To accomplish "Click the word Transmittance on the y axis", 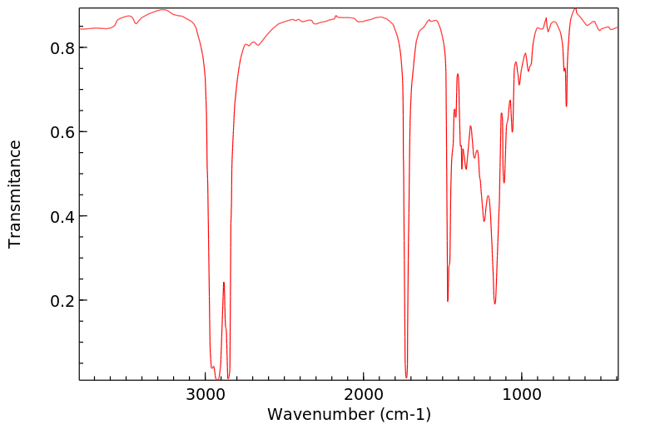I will click(x=15, y=194).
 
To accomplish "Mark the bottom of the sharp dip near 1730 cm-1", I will click(x=406, y=377).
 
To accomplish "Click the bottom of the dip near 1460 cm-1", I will click(x=448, y=301).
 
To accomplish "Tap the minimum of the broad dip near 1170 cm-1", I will click(x=494, y=303).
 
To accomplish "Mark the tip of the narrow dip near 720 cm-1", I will click(x=566, y=106).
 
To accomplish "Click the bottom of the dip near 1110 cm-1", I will click(x=504, y=183).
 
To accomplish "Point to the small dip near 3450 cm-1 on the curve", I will click(x=136, y=23).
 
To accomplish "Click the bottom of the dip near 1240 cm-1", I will click(x=484, y=221).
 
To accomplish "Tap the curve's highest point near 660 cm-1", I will click(x=575, y=9).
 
